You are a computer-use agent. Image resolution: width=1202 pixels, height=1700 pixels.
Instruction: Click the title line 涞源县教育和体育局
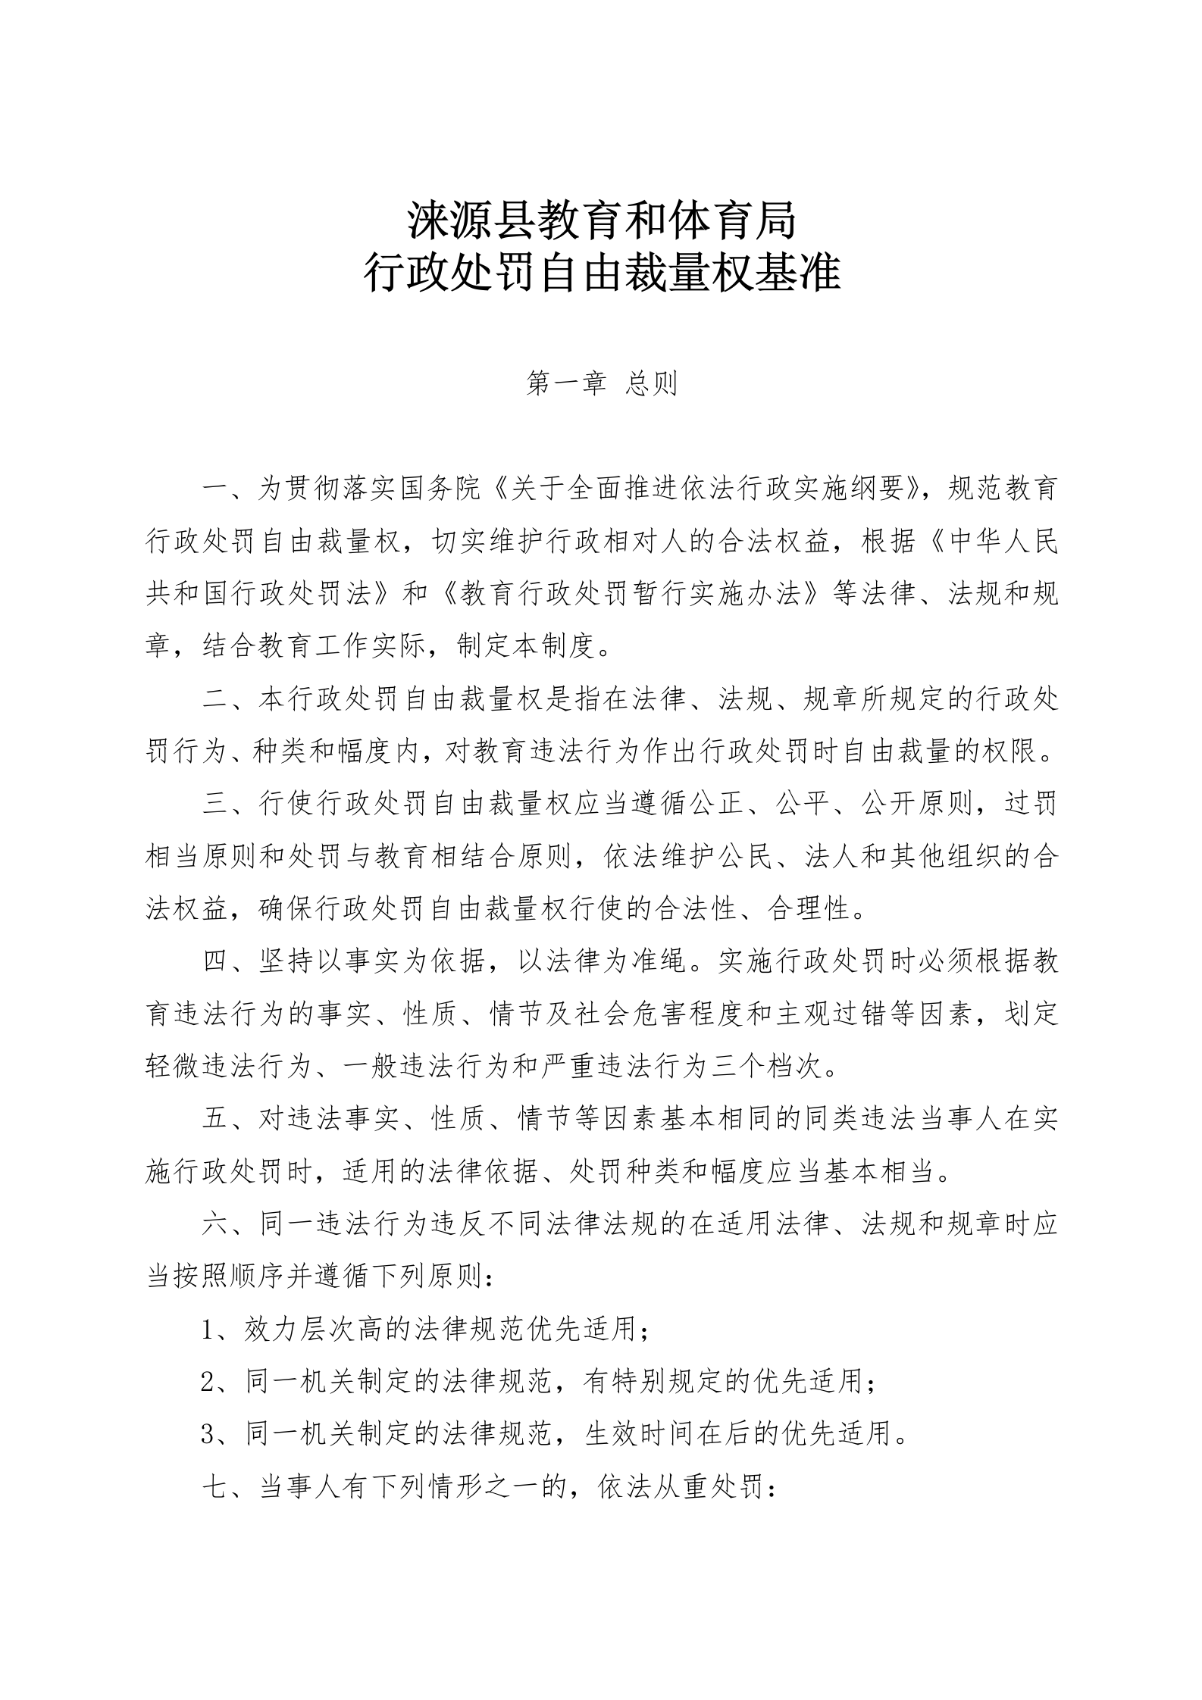[601, 220]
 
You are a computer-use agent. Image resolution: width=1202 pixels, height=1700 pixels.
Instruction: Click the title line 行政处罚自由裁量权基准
[601, 274]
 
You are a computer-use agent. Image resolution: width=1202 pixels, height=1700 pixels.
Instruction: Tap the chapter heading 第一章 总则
[601, 384]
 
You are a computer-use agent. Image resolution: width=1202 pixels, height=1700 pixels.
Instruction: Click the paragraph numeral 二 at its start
[216, 699]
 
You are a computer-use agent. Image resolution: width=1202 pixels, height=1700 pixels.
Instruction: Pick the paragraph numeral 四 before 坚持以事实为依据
[216, 961]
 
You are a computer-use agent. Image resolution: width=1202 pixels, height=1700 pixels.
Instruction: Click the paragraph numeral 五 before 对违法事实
[216, 1118]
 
